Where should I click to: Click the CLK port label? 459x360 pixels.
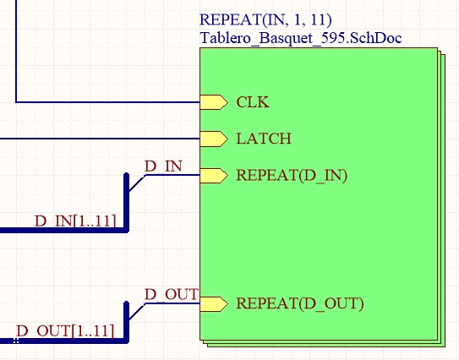point(253,102)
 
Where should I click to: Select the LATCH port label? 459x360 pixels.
point(264,139)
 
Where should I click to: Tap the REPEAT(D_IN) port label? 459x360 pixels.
point(292,176)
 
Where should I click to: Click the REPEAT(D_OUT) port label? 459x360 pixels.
point(300,303)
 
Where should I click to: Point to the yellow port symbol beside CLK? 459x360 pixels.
point(214,102)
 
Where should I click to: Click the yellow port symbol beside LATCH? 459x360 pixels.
point(214,139)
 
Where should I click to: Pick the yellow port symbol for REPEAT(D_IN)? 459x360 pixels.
point(214,176)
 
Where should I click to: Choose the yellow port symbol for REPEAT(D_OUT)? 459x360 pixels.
point(214,304)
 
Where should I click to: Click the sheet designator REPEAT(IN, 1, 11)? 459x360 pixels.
point(265,20)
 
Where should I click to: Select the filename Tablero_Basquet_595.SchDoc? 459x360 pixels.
point(301,38)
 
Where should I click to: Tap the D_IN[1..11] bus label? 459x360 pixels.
point(75,221)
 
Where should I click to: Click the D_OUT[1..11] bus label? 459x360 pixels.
point(65,331)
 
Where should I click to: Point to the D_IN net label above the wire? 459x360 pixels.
point(163,166)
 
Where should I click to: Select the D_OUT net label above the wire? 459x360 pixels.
point(172,294)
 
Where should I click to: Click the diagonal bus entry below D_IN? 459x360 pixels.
point(137,183)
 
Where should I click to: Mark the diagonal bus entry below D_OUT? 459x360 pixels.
point(137,312)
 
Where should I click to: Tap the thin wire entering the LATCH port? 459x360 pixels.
point(100,139)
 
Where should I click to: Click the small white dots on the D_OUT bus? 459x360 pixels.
point(16,341)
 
